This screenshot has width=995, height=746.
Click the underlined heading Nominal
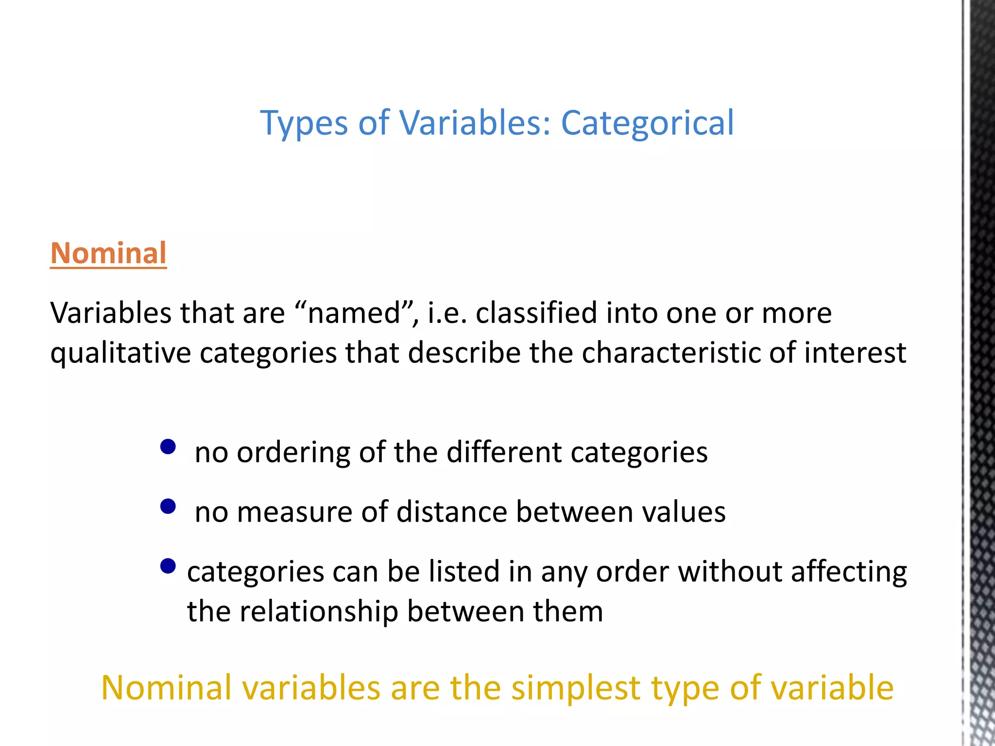point(108,254)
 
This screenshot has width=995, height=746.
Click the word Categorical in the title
point(647,123)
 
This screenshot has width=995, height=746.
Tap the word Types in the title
point(304,124)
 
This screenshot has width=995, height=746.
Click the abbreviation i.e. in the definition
point(447,313)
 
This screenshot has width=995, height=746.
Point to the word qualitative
point(120,353)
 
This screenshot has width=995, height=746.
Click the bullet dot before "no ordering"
point(168,446)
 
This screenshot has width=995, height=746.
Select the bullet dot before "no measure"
point(168,507)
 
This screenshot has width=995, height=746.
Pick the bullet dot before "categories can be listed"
point(168,566)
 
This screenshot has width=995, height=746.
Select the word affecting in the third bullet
point(848,572)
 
